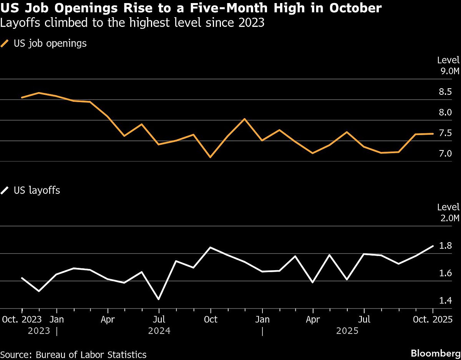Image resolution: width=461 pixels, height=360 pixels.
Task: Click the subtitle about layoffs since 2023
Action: pyautogui.click(x=133, y=23)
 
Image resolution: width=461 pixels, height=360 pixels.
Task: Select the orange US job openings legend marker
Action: pyautogui.click(x=5, y=43)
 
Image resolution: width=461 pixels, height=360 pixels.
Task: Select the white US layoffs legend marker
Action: pyautogui.click(x=5, y=190)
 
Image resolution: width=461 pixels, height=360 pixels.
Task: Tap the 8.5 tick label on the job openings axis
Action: pyautogui.click(x=445, y=92)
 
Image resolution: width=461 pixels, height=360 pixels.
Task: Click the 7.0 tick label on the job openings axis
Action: pyautogui.click(x=445, y=154)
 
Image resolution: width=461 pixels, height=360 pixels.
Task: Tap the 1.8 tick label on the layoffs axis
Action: pyautogui.click(x=445, y=246)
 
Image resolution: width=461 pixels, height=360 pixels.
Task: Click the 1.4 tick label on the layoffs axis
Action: pyautogui.click(x=445, y=301)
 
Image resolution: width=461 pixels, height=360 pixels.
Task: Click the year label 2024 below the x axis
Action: pyautogui.click(x=159, y=331)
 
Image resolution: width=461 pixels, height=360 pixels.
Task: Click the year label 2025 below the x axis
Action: pyautogui.click(x=347, y=331)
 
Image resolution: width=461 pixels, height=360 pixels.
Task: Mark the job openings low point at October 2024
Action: pyautogui.click(x=210, y=157)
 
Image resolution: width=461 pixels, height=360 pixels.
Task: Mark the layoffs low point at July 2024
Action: pyautogui.click(x=159, y=299)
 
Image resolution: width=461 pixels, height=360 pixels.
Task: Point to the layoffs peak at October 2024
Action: pyautogui.click(x=210, y=247)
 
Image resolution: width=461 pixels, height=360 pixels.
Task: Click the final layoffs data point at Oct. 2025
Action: pyautogui.click(x=433, y=246)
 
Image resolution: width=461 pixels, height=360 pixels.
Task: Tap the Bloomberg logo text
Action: pyautogui.click(x=435, y=353)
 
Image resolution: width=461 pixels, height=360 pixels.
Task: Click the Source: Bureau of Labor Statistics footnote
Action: pyautogui.click(x=74, y=354)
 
